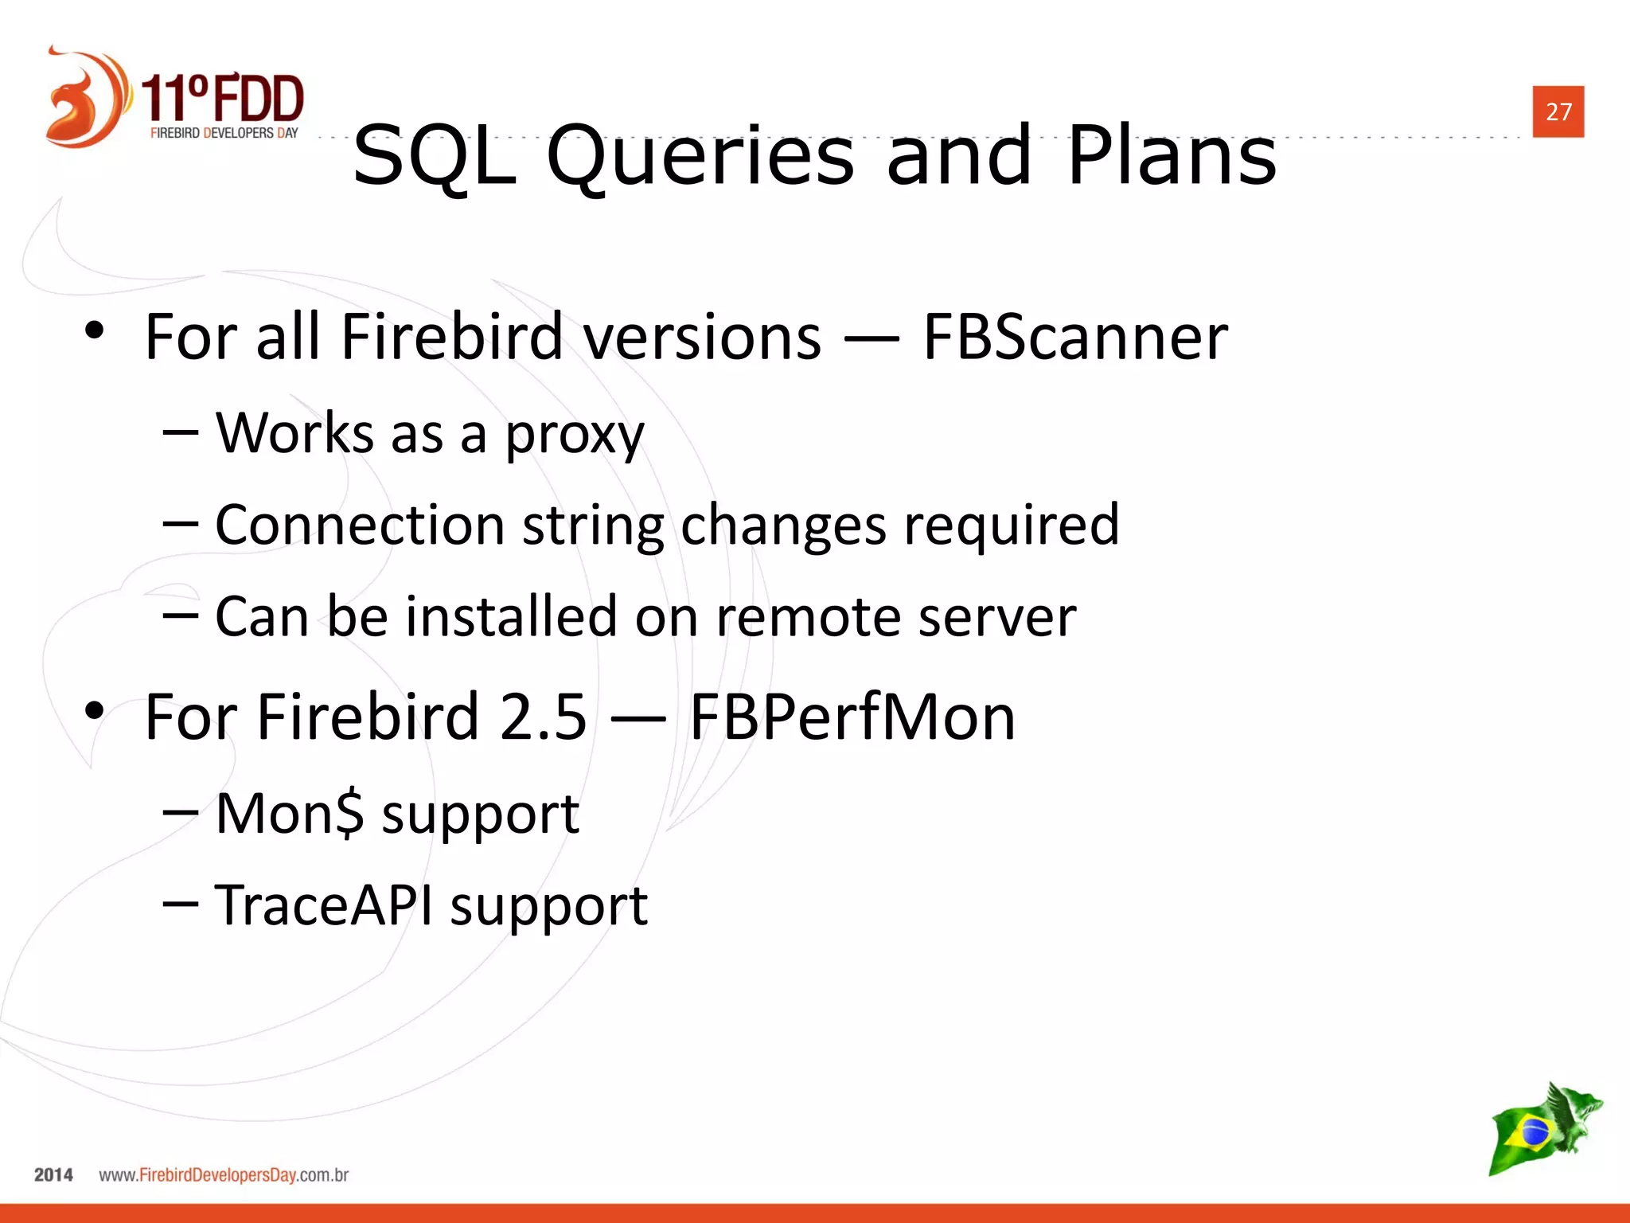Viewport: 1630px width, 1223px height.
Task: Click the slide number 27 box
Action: click(x=1558, y=111)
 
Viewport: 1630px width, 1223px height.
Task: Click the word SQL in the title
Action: click(x=435, y=156)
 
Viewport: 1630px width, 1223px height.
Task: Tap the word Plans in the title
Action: click(x=1172, y=156)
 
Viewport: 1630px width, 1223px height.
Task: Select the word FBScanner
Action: click(x=1074, y=337)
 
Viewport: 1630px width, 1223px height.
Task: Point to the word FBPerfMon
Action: click(x=852, y=717)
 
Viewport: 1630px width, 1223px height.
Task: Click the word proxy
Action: click(x=575, y=435)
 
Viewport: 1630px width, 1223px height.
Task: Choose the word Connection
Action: click(x=360, y=526)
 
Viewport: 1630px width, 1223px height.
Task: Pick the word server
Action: click(x=996, y=618)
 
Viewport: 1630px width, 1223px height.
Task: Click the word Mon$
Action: click(x=290, y=814)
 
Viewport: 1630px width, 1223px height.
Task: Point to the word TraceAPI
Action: click(x=325, y=905)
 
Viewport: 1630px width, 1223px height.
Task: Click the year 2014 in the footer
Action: click(x=53, y=1175)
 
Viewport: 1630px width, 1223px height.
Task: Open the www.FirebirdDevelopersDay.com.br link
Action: click(x=224, y=1175)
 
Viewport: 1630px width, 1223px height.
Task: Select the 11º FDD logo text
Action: click(x=223, y=99)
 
